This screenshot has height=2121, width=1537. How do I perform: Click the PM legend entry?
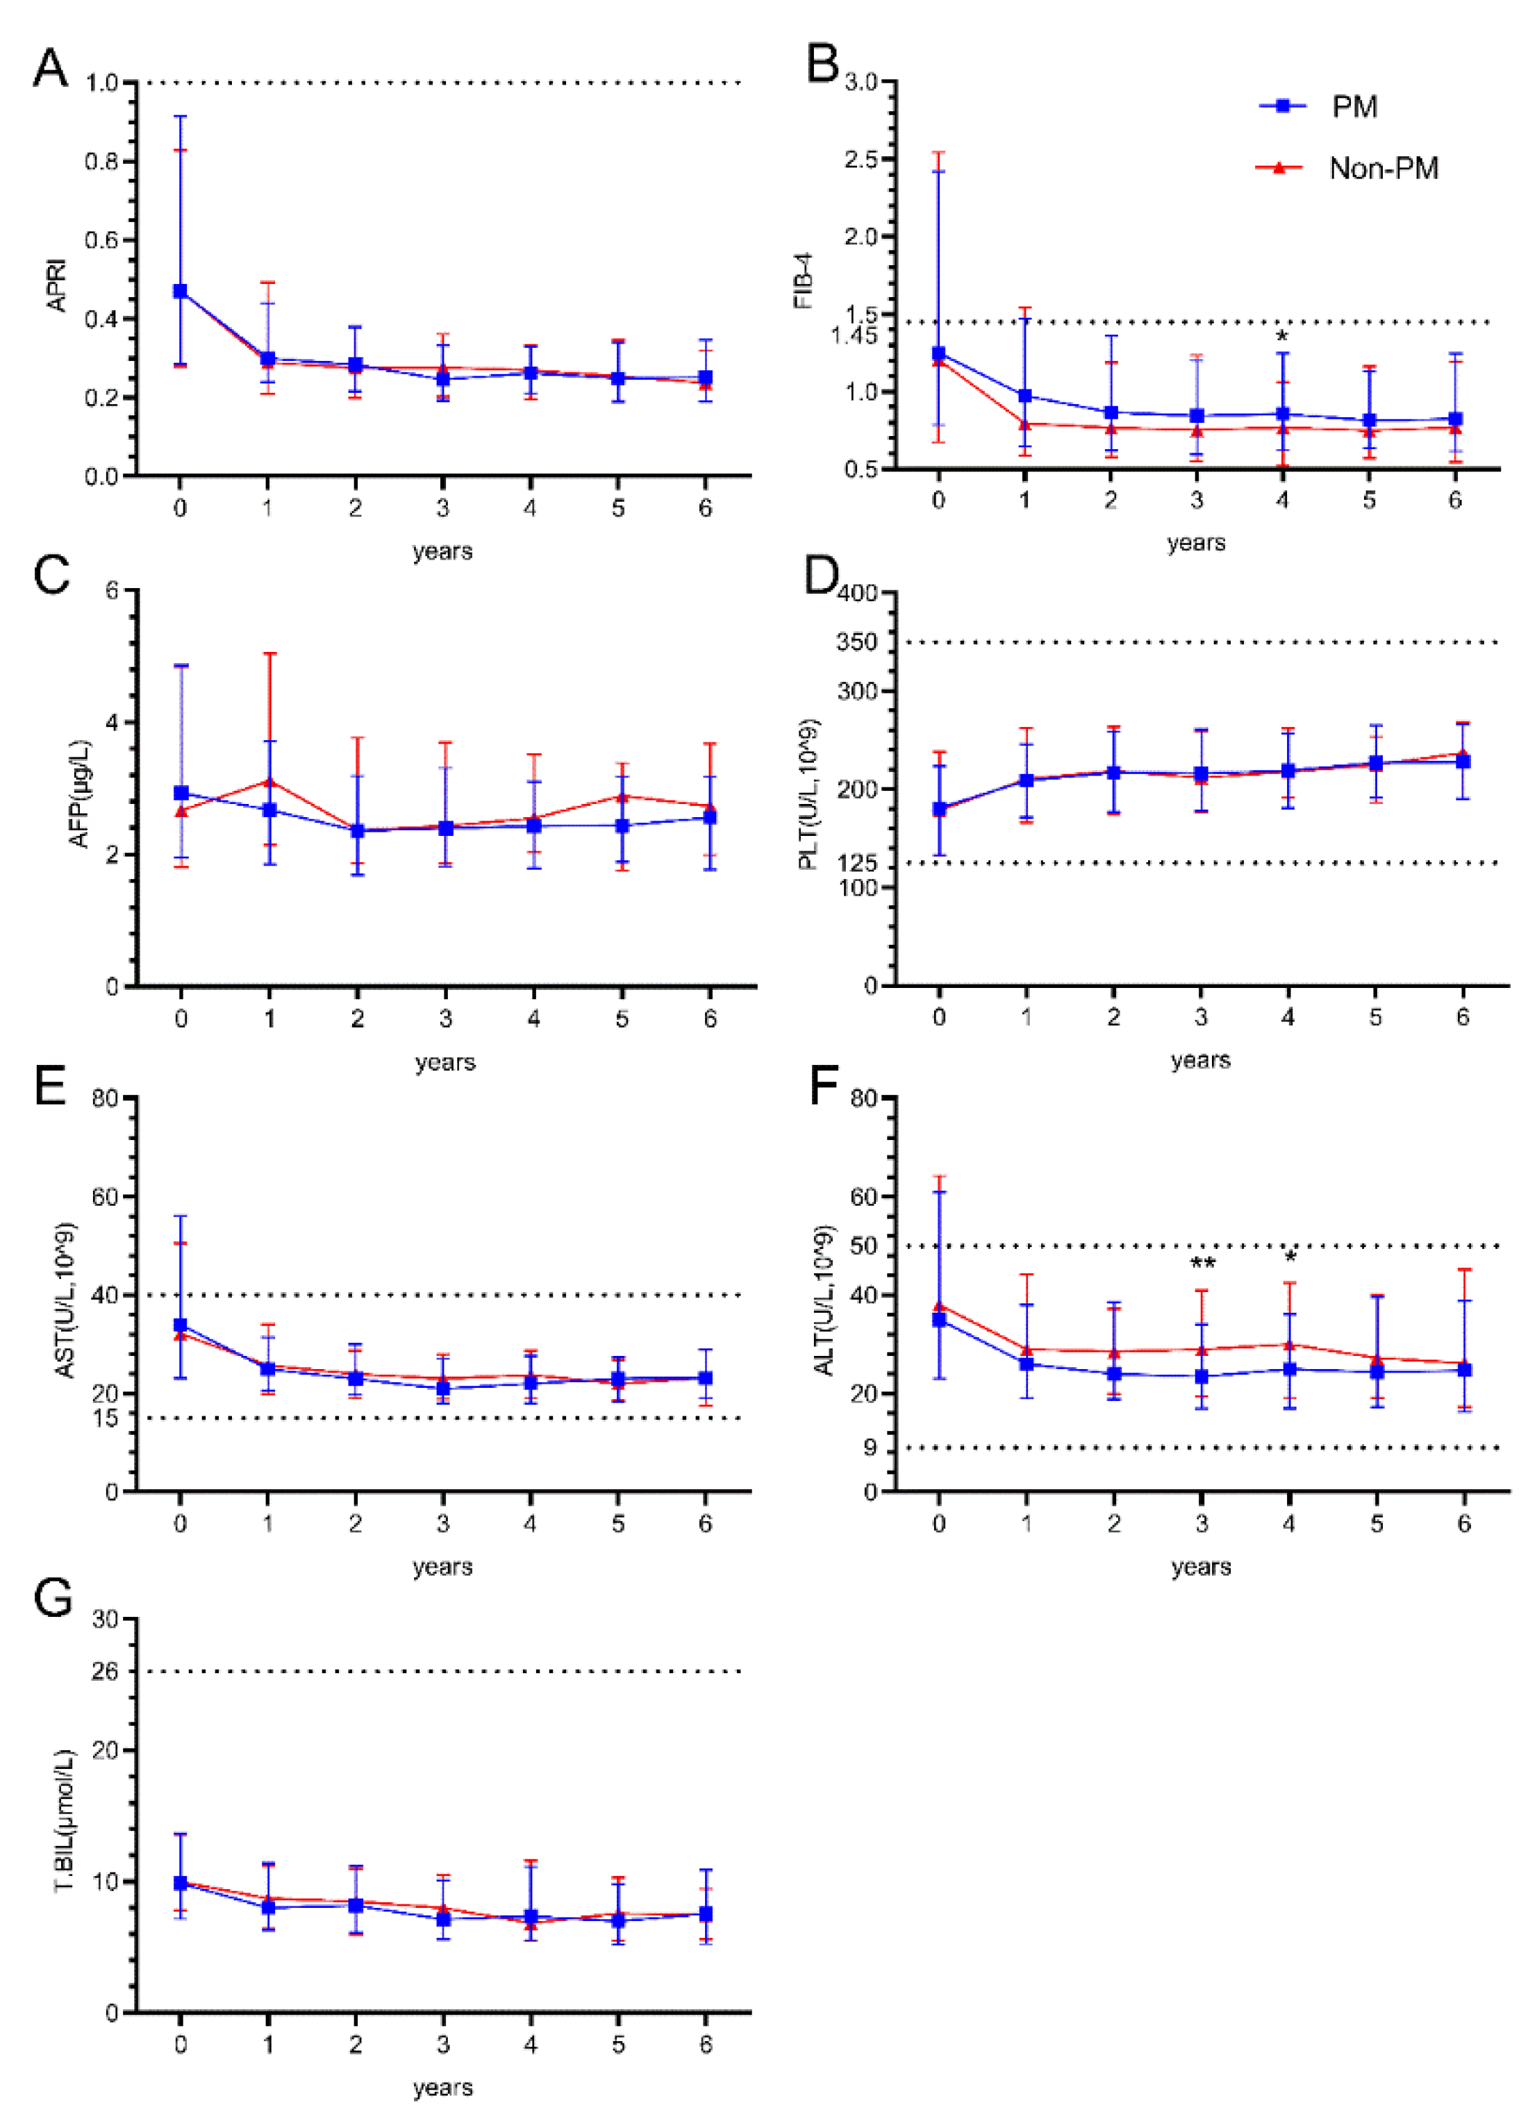tap(1353, 107)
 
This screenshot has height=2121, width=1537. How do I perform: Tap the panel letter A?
tap(51, 67)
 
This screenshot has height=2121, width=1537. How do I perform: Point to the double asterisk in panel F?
tap(1202, 1265)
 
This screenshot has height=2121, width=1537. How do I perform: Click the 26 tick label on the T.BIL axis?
tap(105, 1670)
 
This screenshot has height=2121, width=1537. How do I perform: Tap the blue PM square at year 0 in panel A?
tap(180, 292)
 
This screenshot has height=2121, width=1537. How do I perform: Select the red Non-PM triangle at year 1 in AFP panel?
tap(269, 781)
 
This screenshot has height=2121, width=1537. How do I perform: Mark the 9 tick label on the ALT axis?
tap(870, 1448)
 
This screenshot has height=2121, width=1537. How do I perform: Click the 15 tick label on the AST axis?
tap(105, 1418)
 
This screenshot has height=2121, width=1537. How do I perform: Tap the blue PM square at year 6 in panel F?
tap(1465, 1369)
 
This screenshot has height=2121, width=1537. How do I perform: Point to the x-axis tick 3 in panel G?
tap(442, 2045)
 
